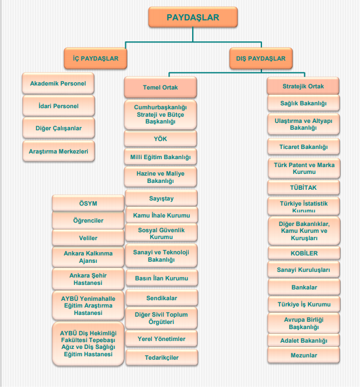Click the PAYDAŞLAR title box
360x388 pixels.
pos(192,18)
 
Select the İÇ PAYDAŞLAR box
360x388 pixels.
pos(95,58)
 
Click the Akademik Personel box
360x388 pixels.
pos(58,84)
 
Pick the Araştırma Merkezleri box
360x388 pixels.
pos(58,151)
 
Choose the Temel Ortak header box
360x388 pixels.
pos(160,88)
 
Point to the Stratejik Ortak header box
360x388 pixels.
pos(303,86)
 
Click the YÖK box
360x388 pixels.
pos(160,139)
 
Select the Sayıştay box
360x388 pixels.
pos(160,198)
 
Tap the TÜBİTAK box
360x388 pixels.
pos(303,187)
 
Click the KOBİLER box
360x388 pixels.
pos(303,253)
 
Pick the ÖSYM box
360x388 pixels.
pos(88,203)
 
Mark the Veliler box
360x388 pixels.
pos(88,238)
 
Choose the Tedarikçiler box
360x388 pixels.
pos(160,357)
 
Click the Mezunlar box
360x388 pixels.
pos(303,355)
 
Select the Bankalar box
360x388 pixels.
pos(303,287)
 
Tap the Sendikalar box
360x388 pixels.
pos(160,297)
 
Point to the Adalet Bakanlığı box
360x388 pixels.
pos(303,340)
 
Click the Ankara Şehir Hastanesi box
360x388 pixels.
pos(88,279)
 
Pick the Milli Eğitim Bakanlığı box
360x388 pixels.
pos(160,156)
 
